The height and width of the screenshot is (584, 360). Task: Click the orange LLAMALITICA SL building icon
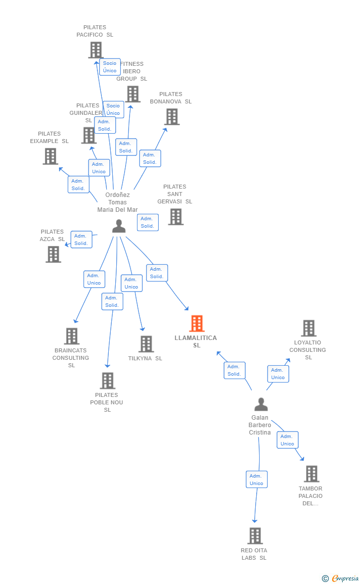click(197, 324)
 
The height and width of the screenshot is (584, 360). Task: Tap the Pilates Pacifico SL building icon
click(95, 50)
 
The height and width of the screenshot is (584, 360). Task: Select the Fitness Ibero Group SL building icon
click(133, 94)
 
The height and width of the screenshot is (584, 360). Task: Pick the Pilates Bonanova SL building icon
click(172, 117)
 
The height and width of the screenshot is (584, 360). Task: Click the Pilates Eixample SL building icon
click(50, 156)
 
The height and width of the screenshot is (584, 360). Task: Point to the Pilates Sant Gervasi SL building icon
click(176, 217)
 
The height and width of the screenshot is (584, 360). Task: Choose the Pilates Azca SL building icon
click(53, 254)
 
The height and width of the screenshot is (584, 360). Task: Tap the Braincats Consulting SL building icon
click(72, 337)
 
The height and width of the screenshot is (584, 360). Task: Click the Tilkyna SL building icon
click(146, 344)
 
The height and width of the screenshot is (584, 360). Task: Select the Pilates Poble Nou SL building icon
click(107, 381)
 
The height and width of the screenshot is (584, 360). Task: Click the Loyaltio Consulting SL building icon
click(309, 328)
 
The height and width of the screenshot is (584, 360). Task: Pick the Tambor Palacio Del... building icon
click(312, 474)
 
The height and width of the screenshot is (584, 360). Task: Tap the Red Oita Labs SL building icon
click(255, 535)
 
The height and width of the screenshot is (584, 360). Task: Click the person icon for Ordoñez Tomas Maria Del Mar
click(119, 226)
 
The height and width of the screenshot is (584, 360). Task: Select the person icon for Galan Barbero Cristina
click(261, 404)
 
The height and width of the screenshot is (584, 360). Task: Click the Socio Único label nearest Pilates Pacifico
click(110, 67)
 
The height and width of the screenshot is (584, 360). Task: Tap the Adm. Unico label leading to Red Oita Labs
click(256, 480)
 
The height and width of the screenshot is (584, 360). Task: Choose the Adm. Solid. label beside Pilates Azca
click(81, 240)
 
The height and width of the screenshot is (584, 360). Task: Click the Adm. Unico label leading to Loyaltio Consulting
click(278, 374)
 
